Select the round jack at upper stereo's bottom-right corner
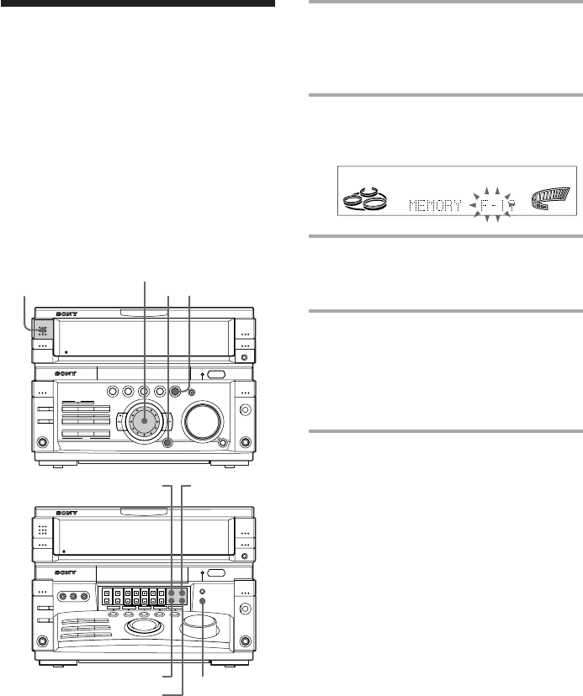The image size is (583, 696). coord(246,443)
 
